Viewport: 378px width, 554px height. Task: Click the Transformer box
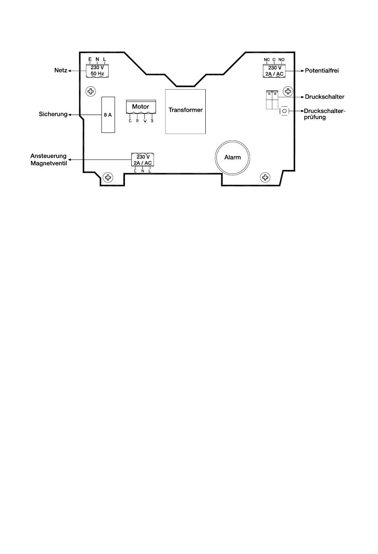coord(185,111)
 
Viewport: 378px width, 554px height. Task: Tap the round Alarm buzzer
coord(232,158)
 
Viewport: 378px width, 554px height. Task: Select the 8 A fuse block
coord(108,115)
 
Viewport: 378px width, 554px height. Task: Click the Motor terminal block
coord(140,107)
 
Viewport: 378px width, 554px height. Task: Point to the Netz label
coord(60,70)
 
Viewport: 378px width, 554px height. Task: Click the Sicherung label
coord(53,115)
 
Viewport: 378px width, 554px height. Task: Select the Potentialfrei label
coord(322,70)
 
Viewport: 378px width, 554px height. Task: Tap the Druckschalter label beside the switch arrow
coord(324,97)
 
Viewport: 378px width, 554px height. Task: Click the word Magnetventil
coord(49,163)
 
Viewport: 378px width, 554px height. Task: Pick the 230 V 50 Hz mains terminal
coord(97,71)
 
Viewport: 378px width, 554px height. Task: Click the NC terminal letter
coord(267,60)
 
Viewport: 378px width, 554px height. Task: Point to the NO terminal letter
coord(281,60)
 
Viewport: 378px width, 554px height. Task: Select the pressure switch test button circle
coord(284,111)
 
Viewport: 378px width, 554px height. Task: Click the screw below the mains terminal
coord(91,92)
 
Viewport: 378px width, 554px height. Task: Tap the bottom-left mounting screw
coord(107,177)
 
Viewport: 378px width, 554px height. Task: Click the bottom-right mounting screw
coord(265,177)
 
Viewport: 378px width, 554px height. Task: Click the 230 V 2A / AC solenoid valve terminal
coord(143,160)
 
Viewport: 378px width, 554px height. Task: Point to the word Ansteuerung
coord(49,156)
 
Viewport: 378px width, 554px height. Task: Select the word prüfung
coord(315,117)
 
